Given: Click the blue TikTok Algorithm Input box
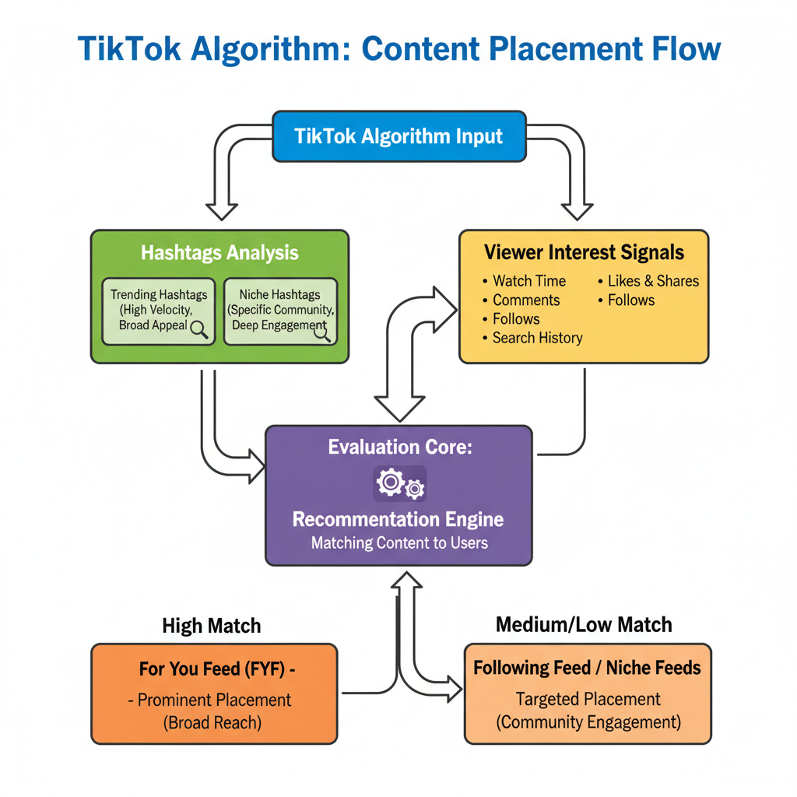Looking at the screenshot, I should click(398, 136).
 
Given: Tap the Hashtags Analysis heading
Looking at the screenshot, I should click(219, 253).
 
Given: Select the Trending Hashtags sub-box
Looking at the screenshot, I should click(159, 311).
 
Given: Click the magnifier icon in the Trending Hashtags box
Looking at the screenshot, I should click(199, 329).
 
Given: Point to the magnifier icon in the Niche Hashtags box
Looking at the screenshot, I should click(321, 332).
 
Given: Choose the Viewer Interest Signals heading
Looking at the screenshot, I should click(584, 252).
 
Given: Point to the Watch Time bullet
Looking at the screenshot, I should click(529, 281).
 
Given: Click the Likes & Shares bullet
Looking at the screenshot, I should click(652, 281).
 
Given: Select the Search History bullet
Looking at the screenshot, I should click(537, 338).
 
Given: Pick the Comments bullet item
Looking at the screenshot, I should click(526, 300).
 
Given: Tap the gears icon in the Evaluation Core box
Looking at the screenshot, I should click(400, 484).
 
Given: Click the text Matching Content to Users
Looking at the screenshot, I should click(399, 542).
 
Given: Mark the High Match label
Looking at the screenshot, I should click(211, 626).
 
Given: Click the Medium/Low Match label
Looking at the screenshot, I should click(584, 624).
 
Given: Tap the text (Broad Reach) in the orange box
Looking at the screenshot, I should click(212, 722).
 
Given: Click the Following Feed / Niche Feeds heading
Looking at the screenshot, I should click(587, 668).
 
